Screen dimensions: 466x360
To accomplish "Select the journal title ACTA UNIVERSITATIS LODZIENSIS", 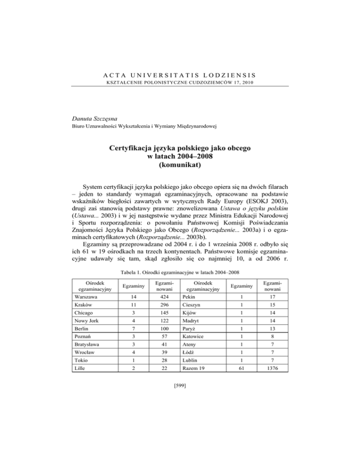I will tap(180, 74).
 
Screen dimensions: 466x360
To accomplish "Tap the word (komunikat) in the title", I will tap(180, 165).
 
